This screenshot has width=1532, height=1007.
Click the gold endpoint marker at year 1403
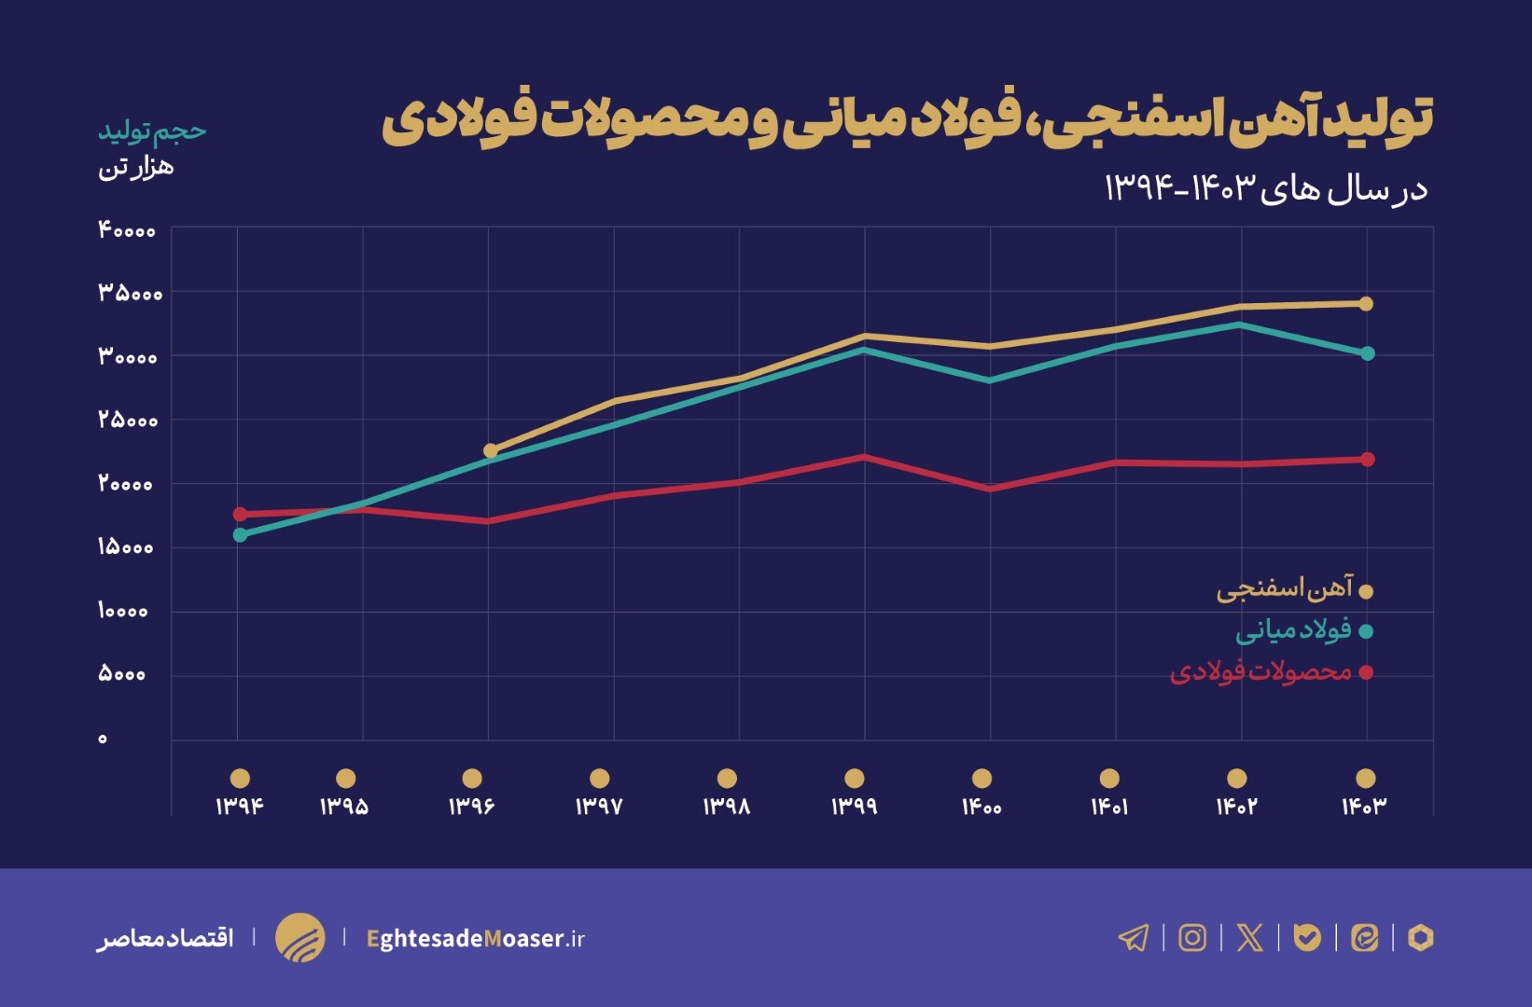pyautogui.click(x=1366, y=304)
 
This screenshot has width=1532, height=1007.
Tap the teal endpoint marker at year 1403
pyautogui.click(x=1368, y=353)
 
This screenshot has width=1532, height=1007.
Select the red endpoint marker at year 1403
pyautogui.click(x=1368, y=460)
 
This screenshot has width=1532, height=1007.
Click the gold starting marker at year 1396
pyautogui.click(x=491, y=451)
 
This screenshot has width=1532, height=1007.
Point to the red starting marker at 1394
pyautogui.click(x=240, y=514)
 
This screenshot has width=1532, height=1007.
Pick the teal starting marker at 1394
pyautogui.click(x=240, y=534)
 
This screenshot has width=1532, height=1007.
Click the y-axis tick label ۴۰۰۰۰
pyautogui.click(x=127, y=230)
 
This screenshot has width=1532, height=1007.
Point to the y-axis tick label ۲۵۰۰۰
pyautogui.click(x=128, y=421)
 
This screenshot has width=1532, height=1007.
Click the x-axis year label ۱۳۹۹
pyautogui.click(x=854, y=806)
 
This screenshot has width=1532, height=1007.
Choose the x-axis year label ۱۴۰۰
pyautogui.click(x=982, y=806)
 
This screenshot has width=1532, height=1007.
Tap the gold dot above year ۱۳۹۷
pyautogui.click(x=600, y=778)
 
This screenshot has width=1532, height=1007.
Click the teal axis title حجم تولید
pyautogui.click(x=152, y=131)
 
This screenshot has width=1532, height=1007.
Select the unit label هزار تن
pyautogui.click(x=136, y=168)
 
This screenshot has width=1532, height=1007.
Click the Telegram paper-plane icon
pyautogui.click(x=1134, y=937)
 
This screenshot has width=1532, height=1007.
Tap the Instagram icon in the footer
pyautogui.click(x=1192, y=937)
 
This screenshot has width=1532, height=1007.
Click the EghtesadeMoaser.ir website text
pyautogui.click(x=475, y=938)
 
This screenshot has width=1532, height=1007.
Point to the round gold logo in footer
pyautogui.click(x=300, y=937)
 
